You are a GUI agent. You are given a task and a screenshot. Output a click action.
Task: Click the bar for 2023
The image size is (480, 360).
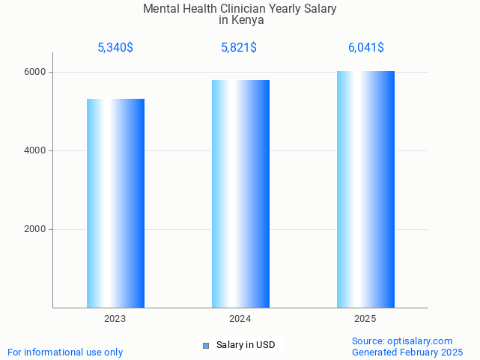click(115, 203)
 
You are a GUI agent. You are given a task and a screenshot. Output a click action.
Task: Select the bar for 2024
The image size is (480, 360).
click(240, 194)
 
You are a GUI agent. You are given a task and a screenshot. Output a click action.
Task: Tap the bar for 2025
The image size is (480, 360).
click(365, 189)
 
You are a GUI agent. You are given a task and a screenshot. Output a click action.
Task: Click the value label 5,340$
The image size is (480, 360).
click(115, 48)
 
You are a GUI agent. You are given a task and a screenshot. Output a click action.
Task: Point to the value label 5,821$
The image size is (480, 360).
click(239, 48)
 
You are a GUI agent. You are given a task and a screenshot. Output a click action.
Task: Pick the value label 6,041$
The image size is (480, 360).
click(366, 48)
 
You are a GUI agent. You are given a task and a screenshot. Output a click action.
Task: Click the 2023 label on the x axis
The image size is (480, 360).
click(115, 319)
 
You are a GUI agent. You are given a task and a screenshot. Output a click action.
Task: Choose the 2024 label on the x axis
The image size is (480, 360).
click(240, 319)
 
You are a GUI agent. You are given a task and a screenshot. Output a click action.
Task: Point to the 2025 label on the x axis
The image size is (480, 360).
click(365, 319)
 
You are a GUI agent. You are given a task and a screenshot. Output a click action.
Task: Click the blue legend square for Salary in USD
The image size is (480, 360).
click(206, 345)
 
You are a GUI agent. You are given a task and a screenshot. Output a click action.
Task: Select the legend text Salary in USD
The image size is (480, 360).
click(246, 345)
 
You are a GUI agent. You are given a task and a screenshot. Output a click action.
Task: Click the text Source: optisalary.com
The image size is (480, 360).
click(402, 341)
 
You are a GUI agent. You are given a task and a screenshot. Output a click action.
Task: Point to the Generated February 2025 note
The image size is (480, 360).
click(407, 352)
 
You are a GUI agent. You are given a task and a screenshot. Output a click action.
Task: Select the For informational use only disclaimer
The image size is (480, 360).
click(65, 352)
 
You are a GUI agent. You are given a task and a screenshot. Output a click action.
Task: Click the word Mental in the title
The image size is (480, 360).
click(161, 9)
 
